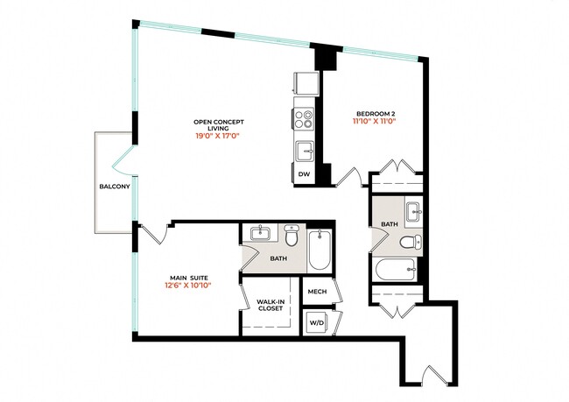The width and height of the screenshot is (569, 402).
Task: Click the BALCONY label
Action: [114, 187]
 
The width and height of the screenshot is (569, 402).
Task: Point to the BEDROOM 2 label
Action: [376, 112]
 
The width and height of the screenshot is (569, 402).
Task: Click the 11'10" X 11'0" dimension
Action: [376, 122]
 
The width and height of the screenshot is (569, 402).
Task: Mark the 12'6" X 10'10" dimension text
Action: [188, 285]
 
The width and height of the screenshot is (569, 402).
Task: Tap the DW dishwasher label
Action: [304, 175]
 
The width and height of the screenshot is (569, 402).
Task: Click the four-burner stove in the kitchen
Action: [305, 118]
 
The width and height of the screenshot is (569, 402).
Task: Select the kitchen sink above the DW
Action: [305, 151]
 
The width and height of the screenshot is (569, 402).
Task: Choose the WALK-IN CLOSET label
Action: [270, 305]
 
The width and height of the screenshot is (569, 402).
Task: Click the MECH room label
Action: [316, 291]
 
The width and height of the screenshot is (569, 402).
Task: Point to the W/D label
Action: [316, 321]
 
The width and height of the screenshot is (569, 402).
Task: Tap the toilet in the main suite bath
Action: [292, 236]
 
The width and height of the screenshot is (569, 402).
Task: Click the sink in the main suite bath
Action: [260, 234]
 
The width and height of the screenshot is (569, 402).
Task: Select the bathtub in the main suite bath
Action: [320, 250]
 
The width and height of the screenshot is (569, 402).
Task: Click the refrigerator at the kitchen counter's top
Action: [306, 83]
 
